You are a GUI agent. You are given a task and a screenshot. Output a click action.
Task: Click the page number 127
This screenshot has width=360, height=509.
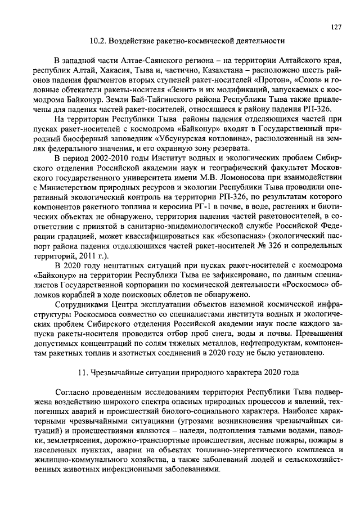tap(336, 26)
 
